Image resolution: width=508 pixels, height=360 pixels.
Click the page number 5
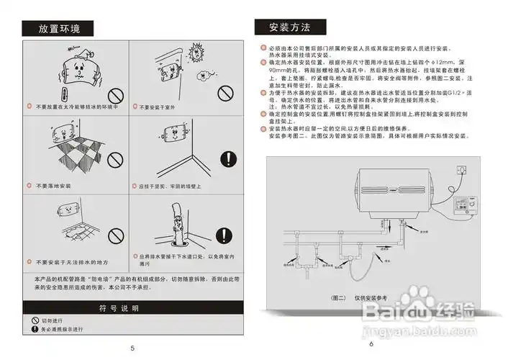pyautogui.click(x=132, y=348)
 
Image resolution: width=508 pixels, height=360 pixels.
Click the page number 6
pyautogui.click(x=371, y=344)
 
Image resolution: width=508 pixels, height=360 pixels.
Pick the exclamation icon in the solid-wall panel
pyautogui.click(x=228, y=159)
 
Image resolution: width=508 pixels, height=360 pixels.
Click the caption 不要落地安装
pyautogui.click(x=54, y=186)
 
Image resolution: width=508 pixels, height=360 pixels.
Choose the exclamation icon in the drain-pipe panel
pyautogui.click(x=228, y=235)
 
